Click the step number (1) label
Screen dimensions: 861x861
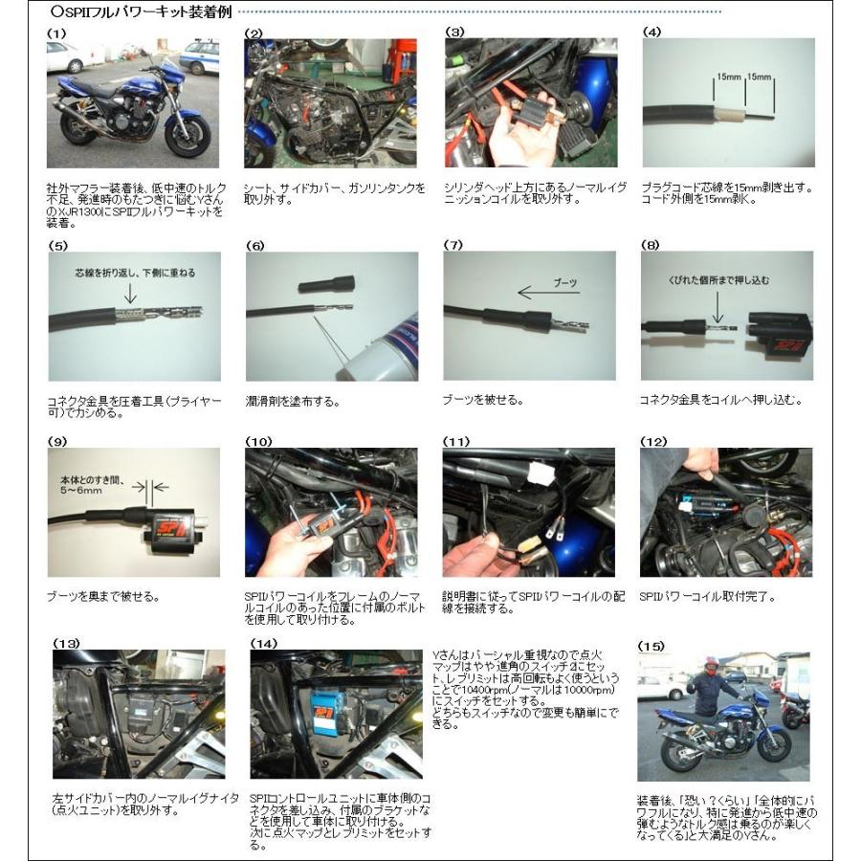pos(56,33)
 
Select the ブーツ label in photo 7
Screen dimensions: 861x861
pos(565,282)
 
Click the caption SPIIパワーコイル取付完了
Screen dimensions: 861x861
pos(706,597)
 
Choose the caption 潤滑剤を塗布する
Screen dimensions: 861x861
pos(292,402)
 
